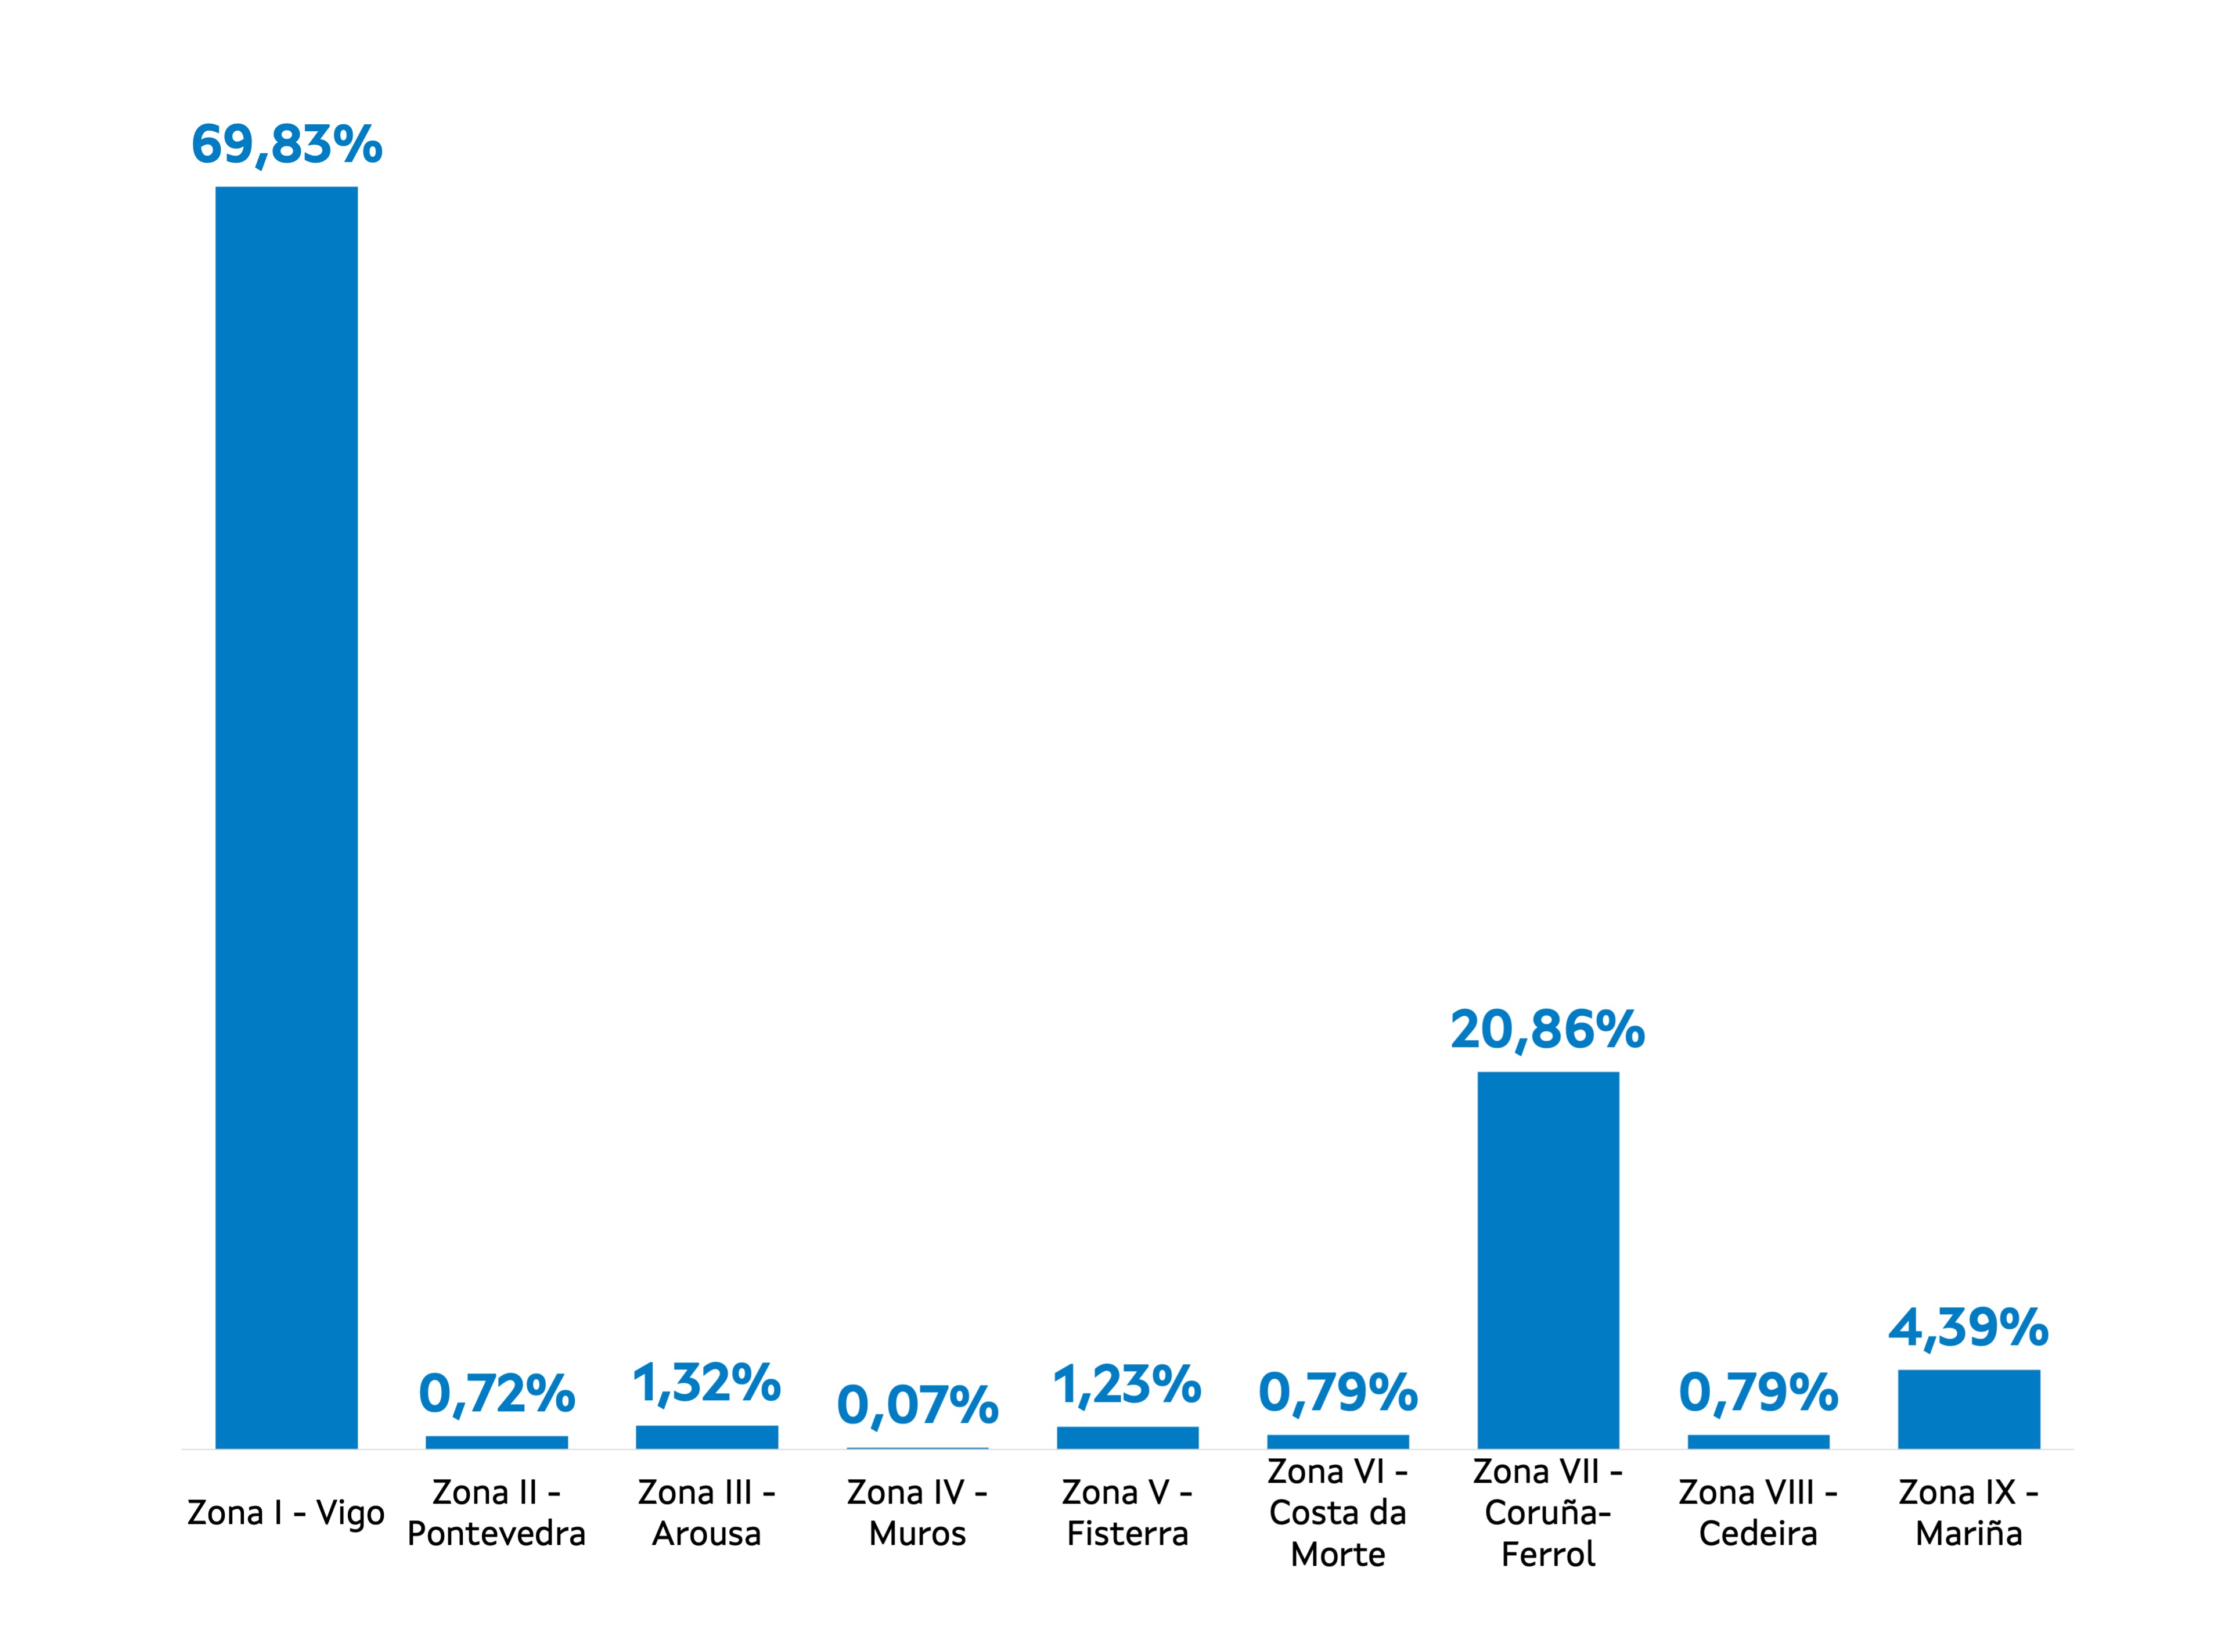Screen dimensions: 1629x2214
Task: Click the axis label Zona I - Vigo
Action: pyautogui.click(x=286, y=1513)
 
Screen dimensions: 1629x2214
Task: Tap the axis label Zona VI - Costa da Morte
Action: pyautogui.click(x=1338, y=1513)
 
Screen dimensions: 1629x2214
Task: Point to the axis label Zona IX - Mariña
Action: pyautogui.click(x=1968, y=1513)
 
